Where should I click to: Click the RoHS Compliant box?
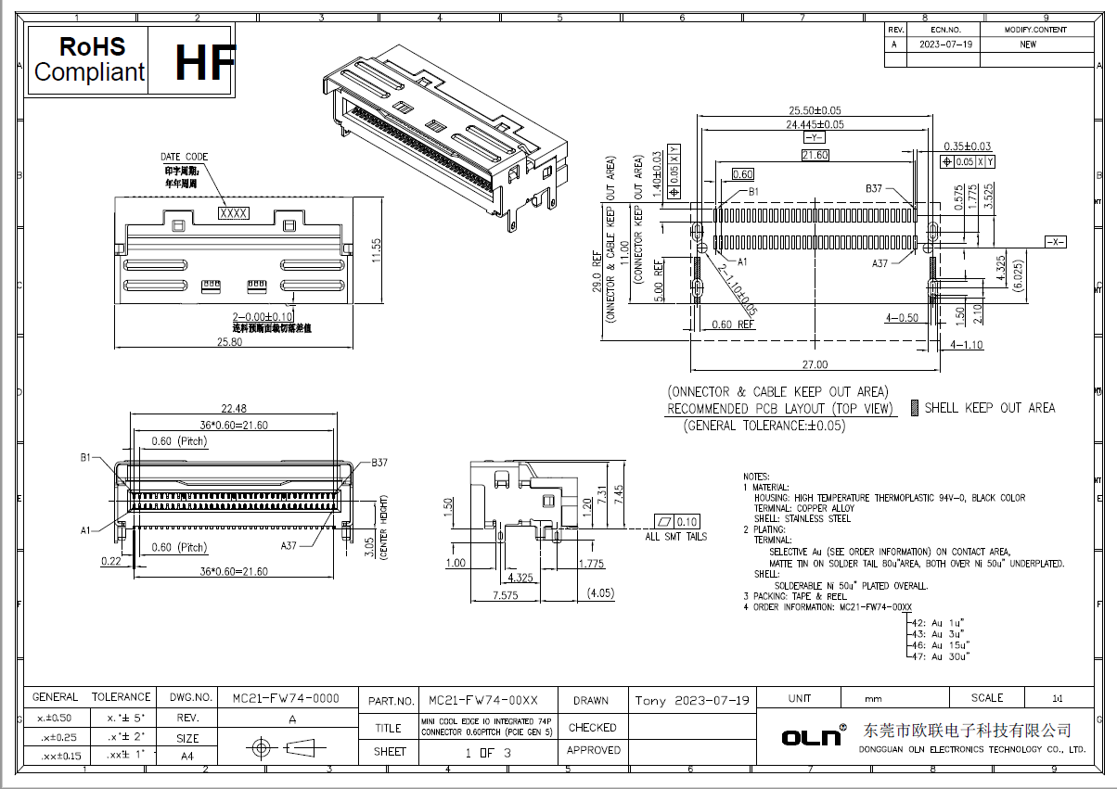tap(89, 60)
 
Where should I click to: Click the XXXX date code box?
tap(233, 213)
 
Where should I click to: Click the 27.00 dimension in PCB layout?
tap(814, 364)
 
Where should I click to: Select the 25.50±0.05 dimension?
tap(815, 108)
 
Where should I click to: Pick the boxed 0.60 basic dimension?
tap(742, 174)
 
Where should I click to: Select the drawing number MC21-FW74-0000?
tap(278, 698)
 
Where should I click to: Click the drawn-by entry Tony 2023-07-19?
tap(692, 700)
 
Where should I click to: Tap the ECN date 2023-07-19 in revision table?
tap(945, 45)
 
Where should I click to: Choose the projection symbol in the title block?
tap(278, 747)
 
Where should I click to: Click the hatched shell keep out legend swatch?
tap(915, 408)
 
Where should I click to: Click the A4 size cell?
tap(186, 756)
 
